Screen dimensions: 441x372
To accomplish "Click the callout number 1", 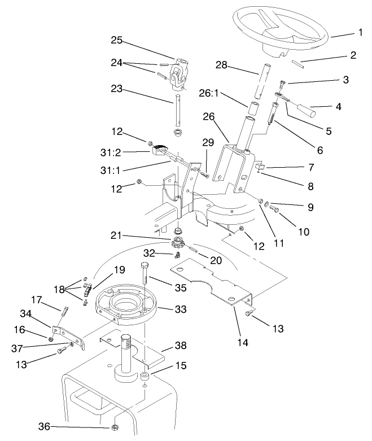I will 360,33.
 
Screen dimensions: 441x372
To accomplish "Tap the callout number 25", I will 116,41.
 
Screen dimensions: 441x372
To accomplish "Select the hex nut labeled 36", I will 115,426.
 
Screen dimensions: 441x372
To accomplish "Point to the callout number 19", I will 119,269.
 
